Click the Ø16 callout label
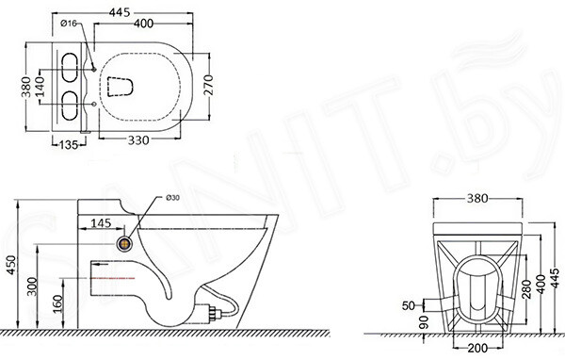[x=69, y=24]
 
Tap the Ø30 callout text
[x=172, y=198]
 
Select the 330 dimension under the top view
[x=138, y=140]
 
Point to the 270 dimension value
[x=209, y=85]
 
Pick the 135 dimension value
[x=69, y=144]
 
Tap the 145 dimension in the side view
[x=101, y=223]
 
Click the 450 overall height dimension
[x=12, y=265]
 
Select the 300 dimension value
[x=32, y=286]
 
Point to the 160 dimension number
[x=57, y=304]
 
